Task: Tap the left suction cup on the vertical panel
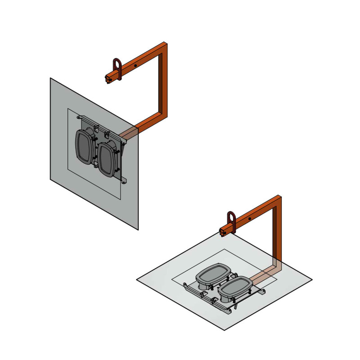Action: tap(84, 148)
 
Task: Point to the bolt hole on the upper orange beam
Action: tap(135, 65)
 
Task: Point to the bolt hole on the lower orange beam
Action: tap(250, 219)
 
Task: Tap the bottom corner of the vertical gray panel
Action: tap(137, 229)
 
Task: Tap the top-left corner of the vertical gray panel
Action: tap(50, 78)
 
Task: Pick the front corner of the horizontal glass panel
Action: tap(224, 330)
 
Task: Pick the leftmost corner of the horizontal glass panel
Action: tap(137, 280)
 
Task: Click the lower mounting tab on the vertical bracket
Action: tap(124, 181)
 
